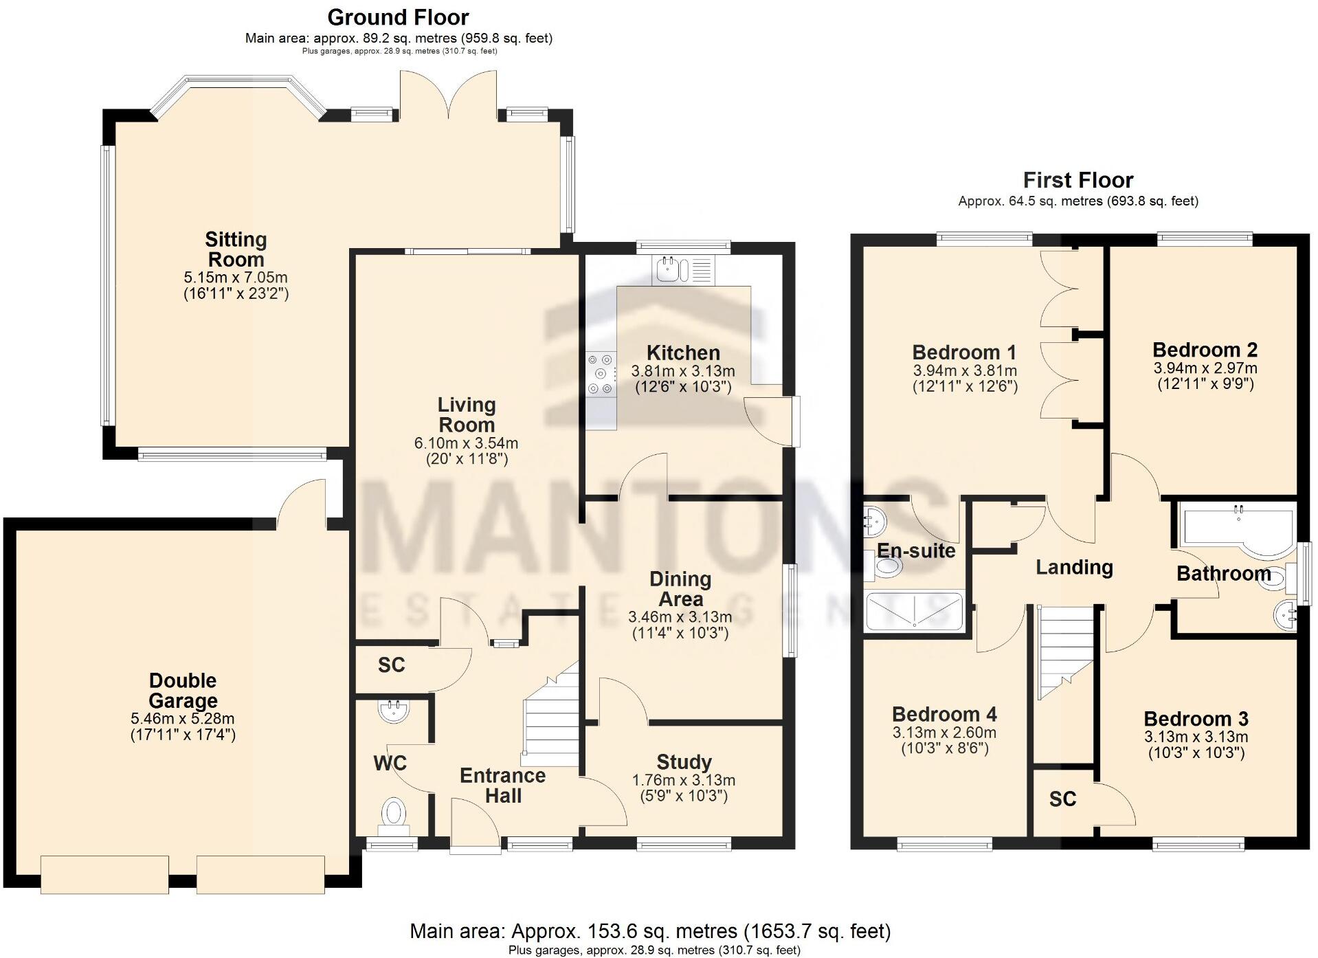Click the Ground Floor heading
coord(398,17)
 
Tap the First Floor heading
coord(1077,181)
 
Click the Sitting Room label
coord(236,249)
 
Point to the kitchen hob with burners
coord(601,374)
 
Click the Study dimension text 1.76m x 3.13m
coord(683,781)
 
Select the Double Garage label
coord(183,691)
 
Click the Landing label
coord(1074,568)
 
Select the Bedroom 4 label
coord(944,715)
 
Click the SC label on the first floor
coord(1062,799)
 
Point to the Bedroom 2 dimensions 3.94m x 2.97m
coord(1205,368)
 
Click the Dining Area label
coord(680,589)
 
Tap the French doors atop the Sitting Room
coord(449,96)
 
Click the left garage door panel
coord(104,874)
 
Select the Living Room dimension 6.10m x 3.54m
coord(466,443)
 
